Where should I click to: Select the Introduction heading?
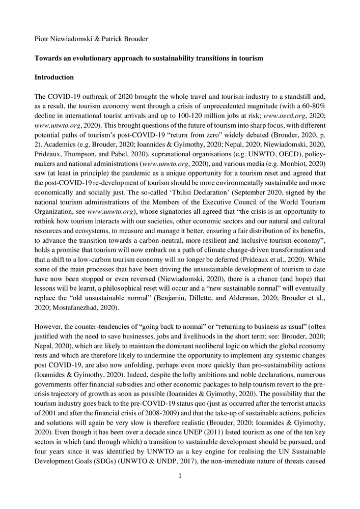coord(54,77)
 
